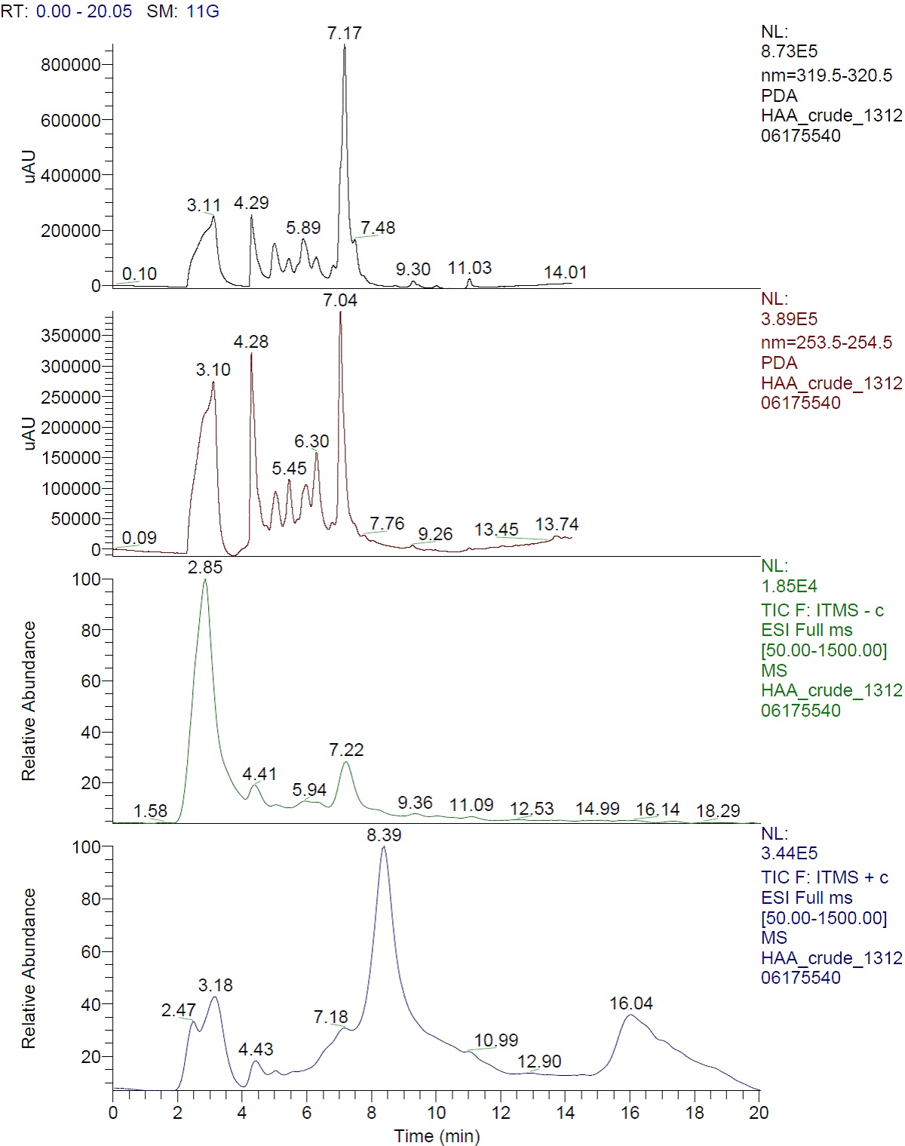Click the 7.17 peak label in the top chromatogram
coord(344,33)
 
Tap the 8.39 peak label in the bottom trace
coord(384,835)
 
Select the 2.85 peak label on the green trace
coord(205,567)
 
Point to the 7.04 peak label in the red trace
coord(340,300)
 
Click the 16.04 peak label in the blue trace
coord(631,1003)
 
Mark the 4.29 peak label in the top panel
coord(251,203)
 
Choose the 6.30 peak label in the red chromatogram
coord(311,441)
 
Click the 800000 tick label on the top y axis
coord(71,65)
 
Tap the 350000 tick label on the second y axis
coord(71,336)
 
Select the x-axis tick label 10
coord(436,1113)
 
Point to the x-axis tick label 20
coord(759,1113)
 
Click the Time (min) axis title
coord(437,1135)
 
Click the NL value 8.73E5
coord(789,52)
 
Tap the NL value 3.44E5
coord(789,853)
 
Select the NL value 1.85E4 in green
coord(789,586)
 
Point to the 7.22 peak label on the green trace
coord(346,750)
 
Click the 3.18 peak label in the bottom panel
coord(216,985)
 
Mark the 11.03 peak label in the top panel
coord(470,268)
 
